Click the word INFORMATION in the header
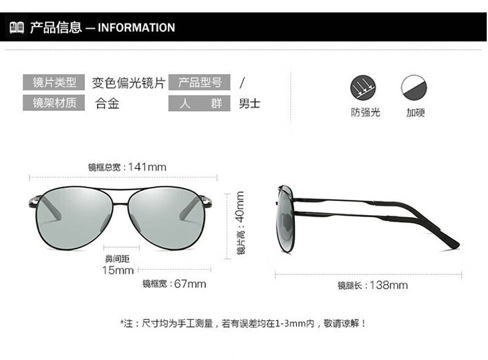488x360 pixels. pos(136,27)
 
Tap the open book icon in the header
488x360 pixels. pos(17,27)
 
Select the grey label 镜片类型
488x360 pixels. pos(54,83)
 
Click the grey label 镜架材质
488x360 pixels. pos(54,103)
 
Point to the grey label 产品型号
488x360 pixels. pos(200,83)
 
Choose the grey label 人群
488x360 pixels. pos(200,103)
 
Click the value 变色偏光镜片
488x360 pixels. pos(128,83)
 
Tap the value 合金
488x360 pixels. pos(107,104)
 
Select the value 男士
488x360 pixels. pos(249,104)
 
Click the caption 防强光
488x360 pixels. pos(365,112)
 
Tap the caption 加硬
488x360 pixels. pos(415,112)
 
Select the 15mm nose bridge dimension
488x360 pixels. pos(118,270)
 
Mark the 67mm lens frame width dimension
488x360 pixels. pos(190,284)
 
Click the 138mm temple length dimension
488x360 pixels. pos(390,285)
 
